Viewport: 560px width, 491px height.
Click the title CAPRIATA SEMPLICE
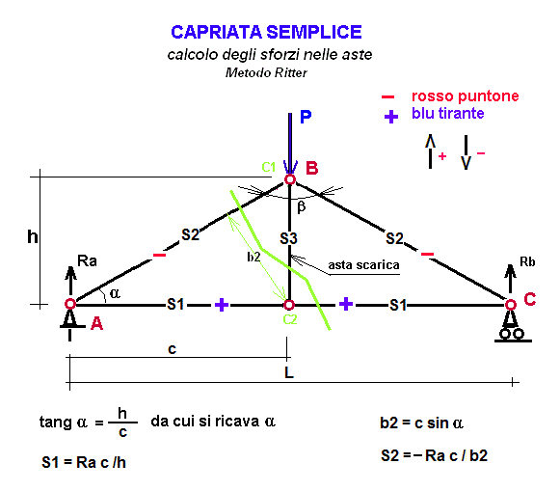click(266, 32)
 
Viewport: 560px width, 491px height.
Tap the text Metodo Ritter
click(266, 72)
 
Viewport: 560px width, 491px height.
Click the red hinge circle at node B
click(290, 179)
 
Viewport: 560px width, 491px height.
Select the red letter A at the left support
click(96, 324)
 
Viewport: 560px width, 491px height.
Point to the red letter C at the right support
click(530, 299)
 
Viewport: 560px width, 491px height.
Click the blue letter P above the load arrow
click(306, 117)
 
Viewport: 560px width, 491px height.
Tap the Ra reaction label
click(87, 260)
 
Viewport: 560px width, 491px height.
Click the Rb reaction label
click(527, 262)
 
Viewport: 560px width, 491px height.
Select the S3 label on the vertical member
click(288, 238)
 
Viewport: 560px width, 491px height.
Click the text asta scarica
click(363, 265)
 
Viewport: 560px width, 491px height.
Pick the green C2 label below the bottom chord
click(290, 319)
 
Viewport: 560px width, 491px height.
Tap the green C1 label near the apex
click(269, 167)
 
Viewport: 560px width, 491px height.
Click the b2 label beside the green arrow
click(253, 257)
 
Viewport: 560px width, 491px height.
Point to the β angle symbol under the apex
click(302, 206)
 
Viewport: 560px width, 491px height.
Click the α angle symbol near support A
click(115, 293)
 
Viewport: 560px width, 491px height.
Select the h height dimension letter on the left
click(33, 236)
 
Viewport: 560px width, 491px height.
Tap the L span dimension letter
click(289, 372)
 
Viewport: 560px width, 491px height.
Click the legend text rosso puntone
click(465, 96)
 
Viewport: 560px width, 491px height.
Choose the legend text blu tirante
click(448, 113)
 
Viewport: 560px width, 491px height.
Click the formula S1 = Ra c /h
click(84, 462)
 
